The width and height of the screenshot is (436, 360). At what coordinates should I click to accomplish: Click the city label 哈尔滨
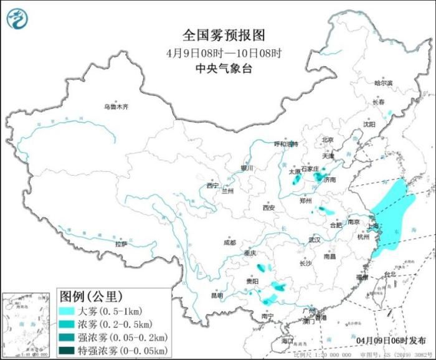coord(383,83)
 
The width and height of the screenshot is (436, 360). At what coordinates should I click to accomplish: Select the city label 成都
coord(229,242)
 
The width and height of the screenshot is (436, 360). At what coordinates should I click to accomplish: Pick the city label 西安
coord(268,208)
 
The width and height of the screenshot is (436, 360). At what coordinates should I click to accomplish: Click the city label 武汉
coord(313,239)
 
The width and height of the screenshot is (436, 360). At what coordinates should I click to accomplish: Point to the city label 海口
coord(287,341)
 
